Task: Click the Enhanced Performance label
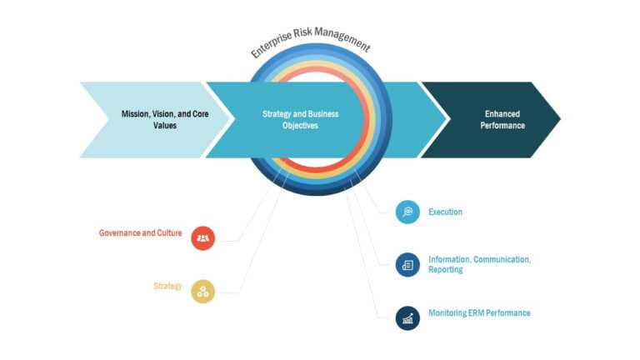point(505,119)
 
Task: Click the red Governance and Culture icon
point(202,237)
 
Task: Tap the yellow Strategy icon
point(202,290)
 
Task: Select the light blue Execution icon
point(407,212)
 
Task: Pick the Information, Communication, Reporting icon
point(407,264)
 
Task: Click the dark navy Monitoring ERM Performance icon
point(407,317)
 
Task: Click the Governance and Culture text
point(140,233)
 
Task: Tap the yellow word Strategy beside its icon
point(167,286)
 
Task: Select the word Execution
point(445,212)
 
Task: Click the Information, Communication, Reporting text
point(479,264)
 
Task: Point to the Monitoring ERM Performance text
point(479,313)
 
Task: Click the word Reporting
point(446,270)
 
